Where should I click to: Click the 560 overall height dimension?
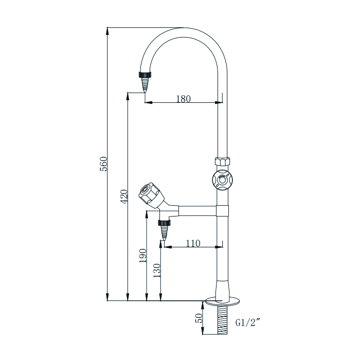[103, 164]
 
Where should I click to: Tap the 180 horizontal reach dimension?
[183, 99]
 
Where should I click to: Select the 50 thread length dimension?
[199, 318]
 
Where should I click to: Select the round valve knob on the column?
[222, 179]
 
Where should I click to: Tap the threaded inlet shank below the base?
[222, 319]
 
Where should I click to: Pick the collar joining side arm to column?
[222, 210]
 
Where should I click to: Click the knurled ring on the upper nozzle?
[145, 75]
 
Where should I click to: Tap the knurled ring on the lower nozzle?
[165, 223]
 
